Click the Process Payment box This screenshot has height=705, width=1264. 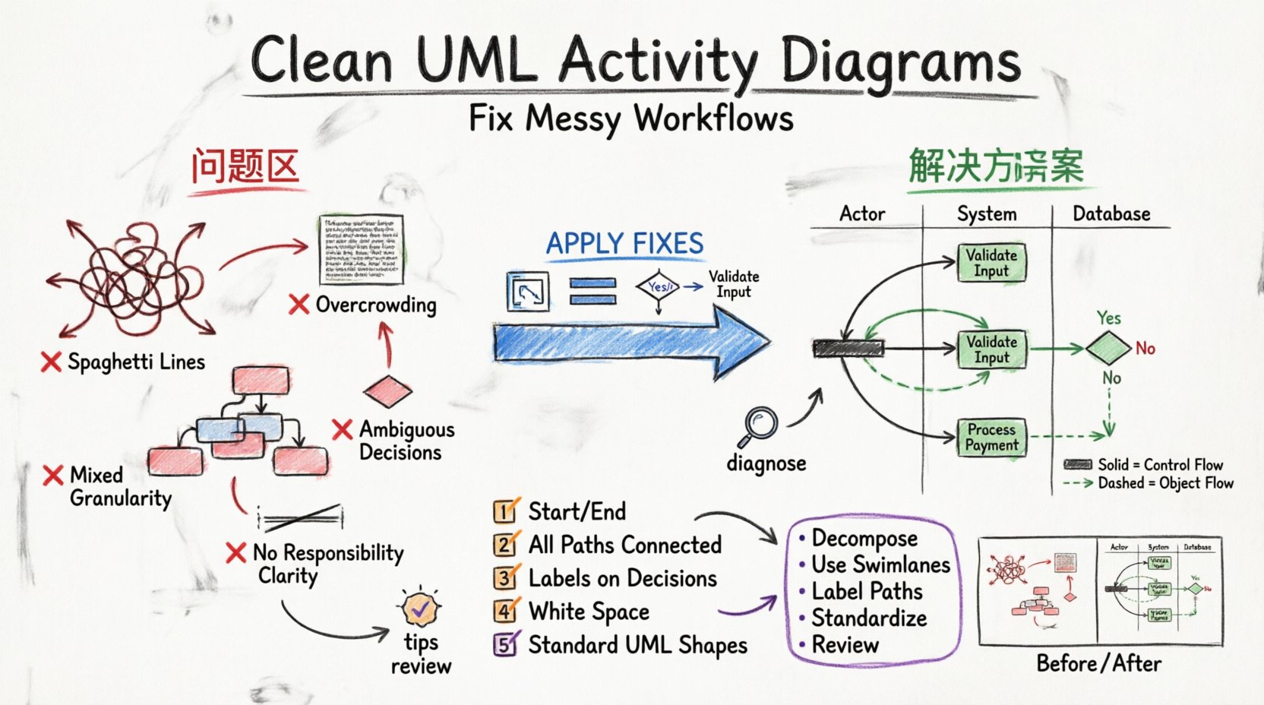pos(991,438)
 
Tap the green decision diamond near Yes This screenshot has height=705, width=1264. pos(1108,348)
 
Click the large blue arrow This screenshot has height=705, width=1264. pos(630,341)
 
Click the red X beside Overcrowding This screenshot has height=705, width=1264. pos(299,305)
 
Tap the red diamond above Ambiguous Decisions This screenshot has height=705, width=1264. pos(387,391)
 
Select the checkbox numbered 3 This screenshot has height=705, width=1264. pos(504,578)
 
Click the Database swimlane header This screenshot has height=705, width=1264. pos(1111,214)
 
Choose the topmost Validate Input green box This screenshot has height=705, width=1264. pos(991,263)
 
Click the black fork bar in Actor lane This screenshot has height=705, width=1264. pos(848,349)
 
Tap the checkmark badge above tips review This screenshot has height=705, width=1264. pos(420,607)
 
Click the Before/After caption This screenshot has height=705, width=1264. pos(1098,663)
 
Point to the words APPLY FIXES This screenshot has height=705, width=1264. pos(624,244)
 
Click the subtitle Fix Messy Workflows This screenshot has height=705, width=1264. pos(630,119)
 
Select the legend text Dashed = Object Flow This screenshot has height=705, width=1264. pos(1165,483)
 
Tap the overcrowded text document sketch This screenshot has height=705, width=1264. pos(361,250)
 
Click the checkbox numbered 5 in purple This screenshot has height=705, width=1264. pos(504,645)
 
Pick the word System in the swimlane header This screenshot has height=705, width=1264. pos(986,214)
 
